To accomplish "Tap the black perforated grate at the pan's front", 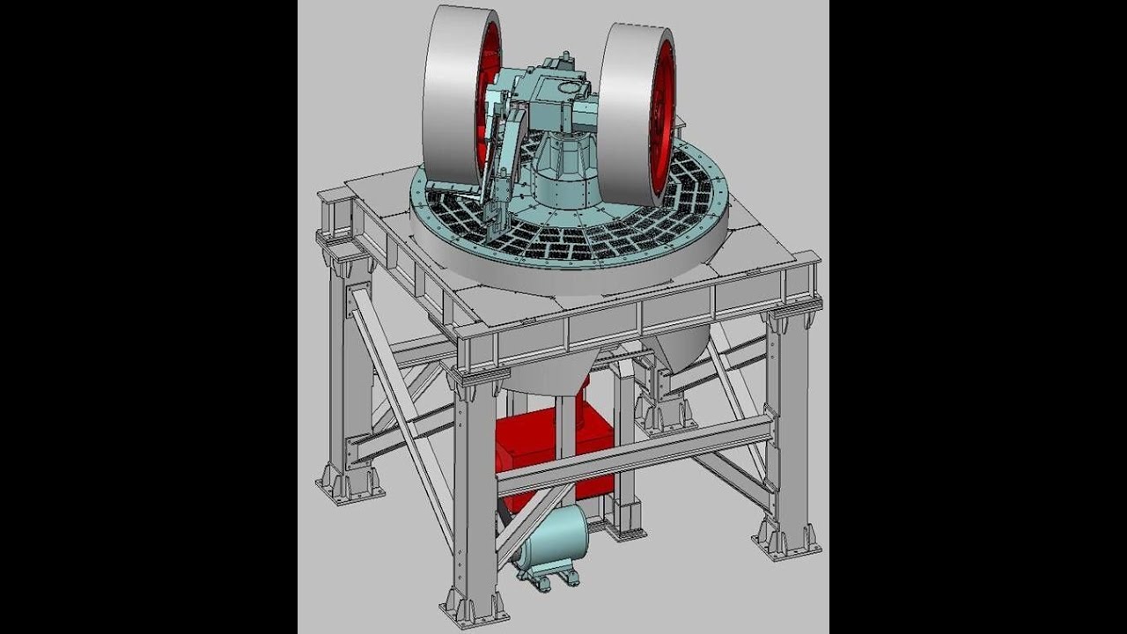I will click(x=563, y=242).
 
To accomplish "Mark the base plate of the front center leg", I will click(x=475, y=608).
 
